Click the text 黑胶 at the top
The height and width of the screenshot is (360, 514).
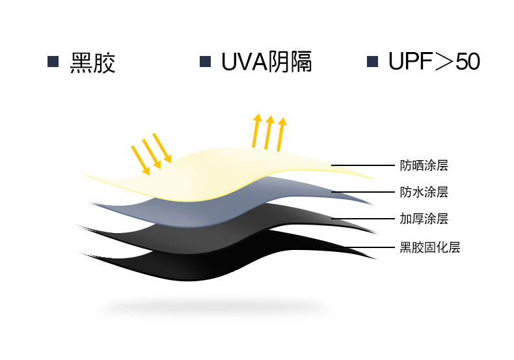[92, 62]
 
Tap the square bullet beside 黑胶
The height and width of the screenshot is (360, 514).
[53, 62]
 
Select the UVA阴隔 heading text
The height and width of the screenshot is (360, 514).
[267, 62]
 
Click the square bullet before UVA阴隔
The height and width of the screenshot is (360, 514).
[205, 62]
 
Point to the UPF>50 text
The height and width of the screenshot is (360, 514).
[434, 62]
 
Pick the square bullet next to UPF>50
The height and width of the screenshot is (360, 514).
[373, 62]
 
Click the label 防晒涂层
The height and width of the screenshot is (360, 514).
[424, 165]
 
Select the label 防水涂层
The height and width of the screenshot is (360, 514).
[424, 192]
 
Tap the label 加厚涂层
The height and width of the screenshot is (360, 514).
[424, 219]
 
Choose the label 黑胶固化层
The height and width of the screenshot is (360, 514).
[429, 247]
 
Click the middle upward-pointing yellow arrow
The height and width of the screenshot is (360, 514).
[268, 133]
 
